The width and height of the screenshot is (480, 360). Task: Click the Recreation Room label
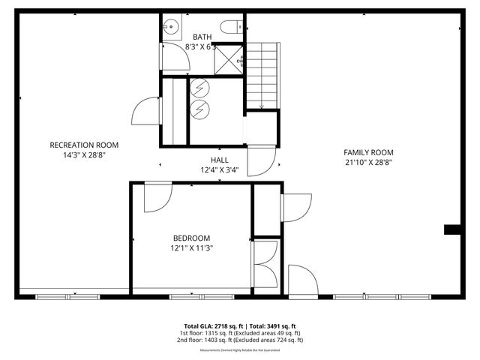[x=84, y=145]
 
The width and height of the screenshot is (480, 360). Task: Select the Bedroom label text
[x=190, y=238]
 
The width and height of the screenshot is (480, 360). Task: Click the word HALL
[x=219, y=160]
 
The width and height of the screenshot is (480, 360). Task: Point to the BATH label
[x=202, y=37]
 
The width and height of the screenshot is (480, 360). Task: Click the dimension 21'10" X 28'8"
[x=369, y=161]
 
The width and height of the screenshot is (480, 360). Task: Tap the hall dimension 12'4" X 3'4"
[x=219, y=170]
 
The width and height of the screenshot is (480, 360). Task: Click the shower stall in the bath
[x=228, y=58]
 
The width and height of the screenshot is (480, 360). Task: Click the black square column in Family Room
[x=452, y=229]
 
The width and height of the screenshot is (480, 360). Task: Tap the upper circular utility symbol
[x=200, y=88]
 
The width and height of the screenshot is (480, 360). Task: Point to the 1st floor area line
[x=239, y=333]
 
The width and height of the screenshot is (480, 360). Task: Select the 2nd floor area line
[x=239, y=340]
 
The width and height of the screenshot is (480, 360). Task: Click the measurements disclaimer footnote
[x=239, y=350]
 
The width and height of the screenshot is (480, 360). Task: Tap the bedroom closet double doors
[x=267, y=262]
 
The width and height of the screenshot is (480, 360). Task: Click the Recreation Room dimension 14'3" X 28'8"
[x=84, y=154]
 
